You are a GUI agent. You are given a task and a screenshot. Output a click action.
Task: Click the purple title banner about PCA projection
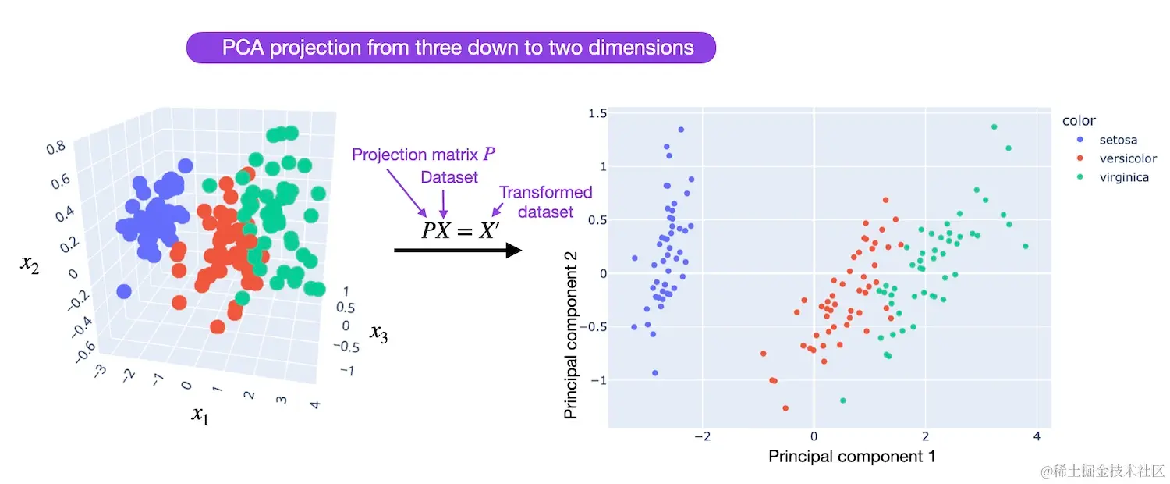tap(451, 48)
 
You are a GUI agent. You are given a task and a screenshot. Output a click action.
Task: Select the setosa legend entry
tap(1118, 141)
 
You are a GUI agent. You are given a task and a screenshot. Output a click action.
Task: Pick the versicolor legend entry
tap(1127, 159)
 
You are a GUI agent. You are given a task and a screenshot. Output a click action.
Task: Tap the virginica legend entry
tap(1124, 178)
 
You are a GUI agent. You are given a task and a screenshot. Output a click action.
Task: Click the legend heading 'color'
tap(1079, 121)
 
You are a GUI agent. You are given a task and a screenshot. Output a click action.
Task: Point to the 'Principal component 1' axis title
tap(852, 456)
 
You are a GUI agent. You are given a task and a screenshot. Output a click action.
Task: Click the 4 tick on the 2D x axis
tap(1037, 436)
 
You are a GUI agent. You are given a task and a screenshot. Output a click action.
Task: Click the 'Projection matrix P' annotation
tap(422, 155)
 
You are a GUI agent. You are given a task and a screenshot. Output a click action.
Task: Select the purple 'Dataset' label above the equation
tap(449, 178)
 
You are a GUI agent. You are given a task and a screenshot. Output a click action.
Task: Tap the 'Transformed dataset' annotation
tap(545, 201)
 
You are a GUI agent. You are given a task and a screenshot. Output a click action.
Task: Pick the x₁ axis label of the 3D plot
tap(200, 415)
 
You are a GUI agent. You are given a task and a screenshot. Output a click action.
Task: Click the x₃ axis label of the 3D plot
tap(378, 334)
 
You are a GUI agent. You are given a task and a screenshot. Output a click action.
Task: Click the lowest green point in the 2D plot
tap(842, 400)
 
